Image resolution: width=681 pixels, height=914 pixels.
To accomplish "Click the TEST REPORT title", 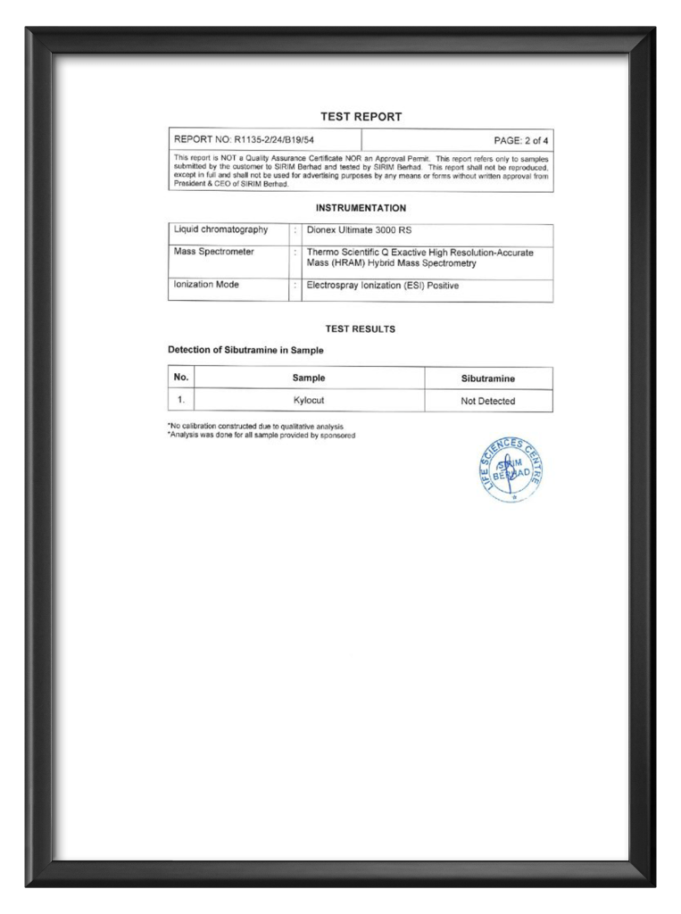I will [x=361, y=116].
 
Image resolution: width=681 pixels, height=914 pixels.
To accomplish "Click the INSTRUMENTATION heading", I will [x=361, y=208].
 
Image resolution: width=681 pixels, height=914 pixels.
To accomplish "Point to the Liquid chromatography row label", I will [x=220, y=230].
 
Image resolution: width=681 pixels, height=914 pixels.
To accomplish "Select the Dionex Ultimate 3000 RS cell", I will [x=359, y=230].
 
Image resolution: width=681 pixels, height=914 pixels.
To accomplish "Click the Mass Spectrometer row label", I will [x=214, y=252].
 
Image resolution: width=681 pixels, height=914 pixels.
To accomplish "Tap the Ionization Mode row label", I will [x=206, y=285].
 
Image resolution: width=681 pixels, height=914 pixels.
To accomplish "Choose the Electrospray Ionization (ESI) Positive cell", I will [x=382, y=286].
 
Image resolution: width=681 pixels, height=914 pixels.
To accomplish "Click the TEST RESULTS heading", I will [x=361, y=328].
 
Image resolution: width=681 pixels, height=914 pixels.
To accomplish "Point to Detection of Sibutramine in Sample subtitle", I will [x=245, y=350].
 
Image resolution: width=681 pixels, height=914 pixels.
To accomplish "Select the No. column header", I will [x=180, y=378].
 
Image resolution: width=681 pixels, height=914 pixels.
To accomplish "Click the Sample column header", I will [x=309, y=378].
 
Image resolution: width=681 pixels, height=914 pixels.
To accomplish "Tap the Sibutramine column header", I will [x=487, y=378].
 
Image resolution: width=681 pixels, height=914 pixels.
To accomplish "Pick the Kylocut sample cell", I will [x=309, y=401].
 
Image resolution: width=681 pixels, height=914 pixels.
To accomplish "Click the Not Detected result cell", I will [x=487, y=402].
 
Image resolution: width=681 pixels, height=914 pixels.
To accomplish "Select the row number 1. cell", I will [x=180, y=400].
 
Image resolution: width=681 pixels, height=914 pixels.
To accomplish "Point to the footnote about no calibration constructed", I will [x=255, y=427].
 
